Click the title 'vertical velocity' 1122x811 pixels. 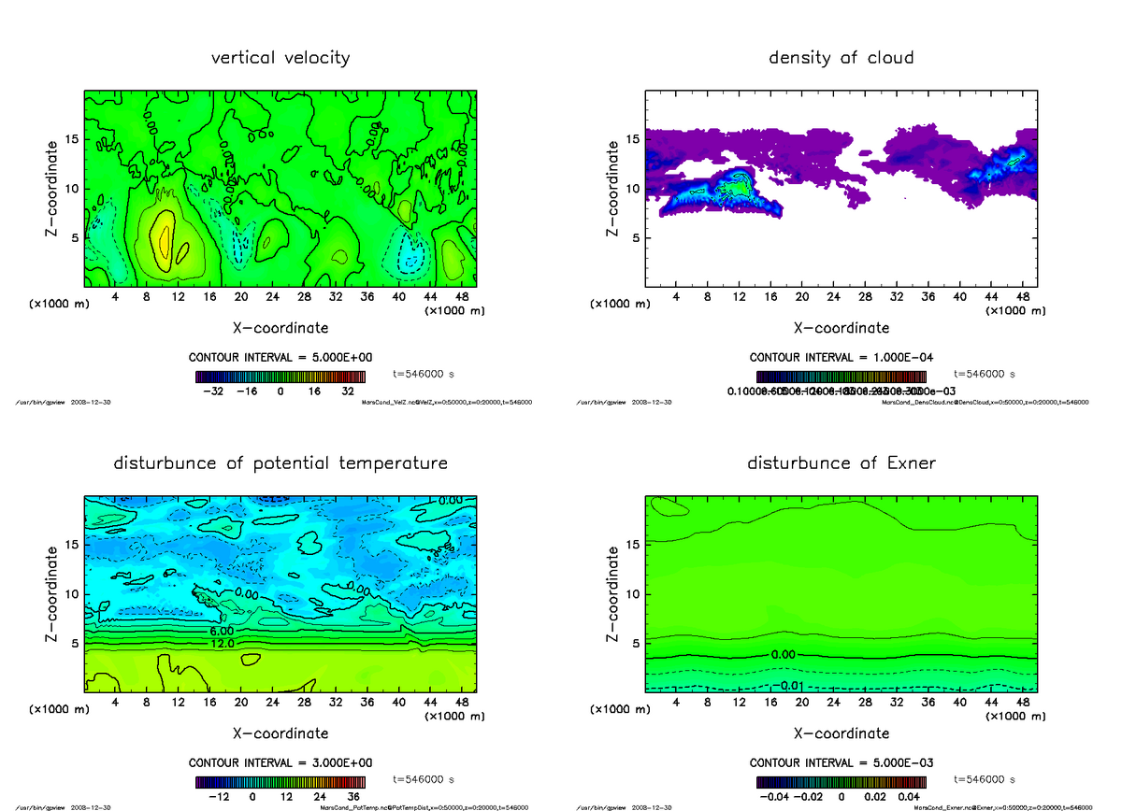click(280, 58)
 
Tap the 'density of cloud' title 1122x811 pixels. click(841, 58)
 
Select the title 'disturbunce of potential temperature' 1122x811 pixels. click(280, 463)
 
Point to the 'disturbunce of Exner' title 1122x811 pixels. click(841, 463)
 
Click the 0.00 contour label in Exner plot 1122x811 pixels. click(784, 655)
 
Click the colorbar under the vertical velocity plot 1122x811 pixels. click(280, 376)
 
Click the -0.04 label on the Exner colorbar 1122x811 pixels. click(772, 797)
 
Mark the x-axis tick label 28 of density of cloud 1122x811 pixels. click(865, 297)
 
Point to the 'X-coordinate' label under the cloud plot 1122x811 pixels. click(841, 329)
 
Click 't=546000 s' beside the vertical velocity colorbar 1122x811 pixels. click(424, 374)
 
